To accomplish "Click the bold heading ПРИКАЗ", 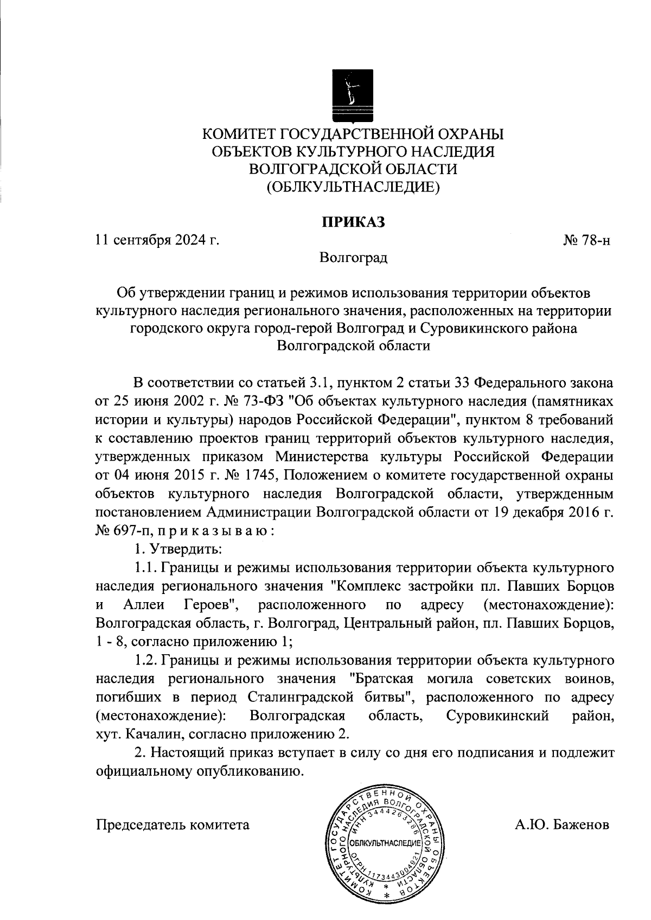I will click(353, 222).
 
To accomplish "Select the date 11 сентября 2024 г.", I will click(157, 239).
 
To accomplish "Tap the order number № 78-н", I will click(588, 240).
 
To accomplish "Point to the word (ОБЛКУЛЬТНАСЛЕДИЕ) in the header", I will click(353, 187).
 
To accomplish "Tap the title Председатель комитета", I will click(173, 825).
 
